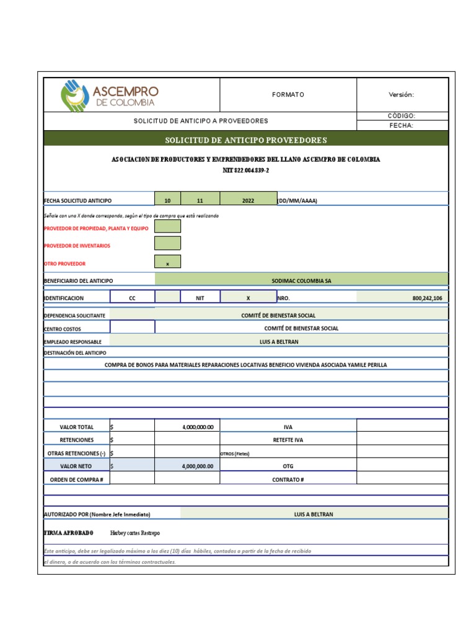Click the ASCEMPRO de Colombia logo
pyautogui.click(x=109, y=95)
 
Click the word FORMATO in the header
pyautogui.click(x=288, y=95)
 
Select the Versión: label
pyautogui.click(x=401, y=95)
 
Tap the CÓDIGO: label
pyautogui.click(x=401, y=116)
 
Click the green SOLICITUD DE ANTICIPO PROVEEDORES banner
pyautogui.click(x=245, y=140)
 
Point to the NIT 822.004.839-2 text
pyautogui.click(x=245, y=170)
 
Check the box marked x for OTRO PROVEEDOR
pyautogui.click(x=167, y=263)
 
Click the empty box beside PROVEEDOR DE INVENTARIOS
pyautogui.click(x=167, y=244)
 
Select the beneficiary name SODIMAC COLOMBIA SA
pyautogui.click(x=301, y=280)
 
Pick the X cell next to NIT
pyautogui.click(x=248, y=298)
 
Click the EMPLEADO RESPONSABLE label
pyautogui.click(x=73, y=341)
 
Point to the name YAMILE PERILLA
pyautogui.click(x=365, y=365)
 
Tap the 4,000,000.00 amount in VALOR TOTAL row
pyautogui.click(x=198, y=427)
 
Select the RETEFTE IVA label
pyautogui.click(x=288, y=440)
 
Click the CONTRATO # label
pyautogui.click(x=288, y=479)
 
